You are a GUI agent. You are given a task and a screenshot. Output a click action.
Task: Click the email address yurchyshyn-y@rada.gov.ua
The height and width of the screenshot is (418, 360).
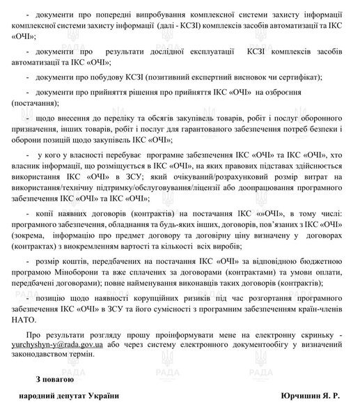(x=61, y=343)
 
